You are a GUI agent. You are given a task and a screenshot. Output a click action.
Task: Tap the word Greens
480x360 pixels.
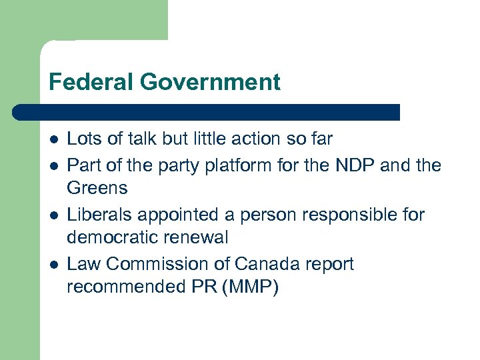point(97,188)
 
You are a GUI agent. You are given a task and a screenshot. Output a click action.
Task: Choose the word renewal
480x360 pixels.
point(200,238)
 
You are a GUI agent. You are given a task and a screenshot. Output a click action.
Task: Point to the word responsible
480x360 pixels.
point(339,214)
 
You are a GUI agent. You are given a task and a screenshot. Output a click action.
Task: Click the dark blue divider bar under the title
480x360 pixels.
point(207,111)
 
